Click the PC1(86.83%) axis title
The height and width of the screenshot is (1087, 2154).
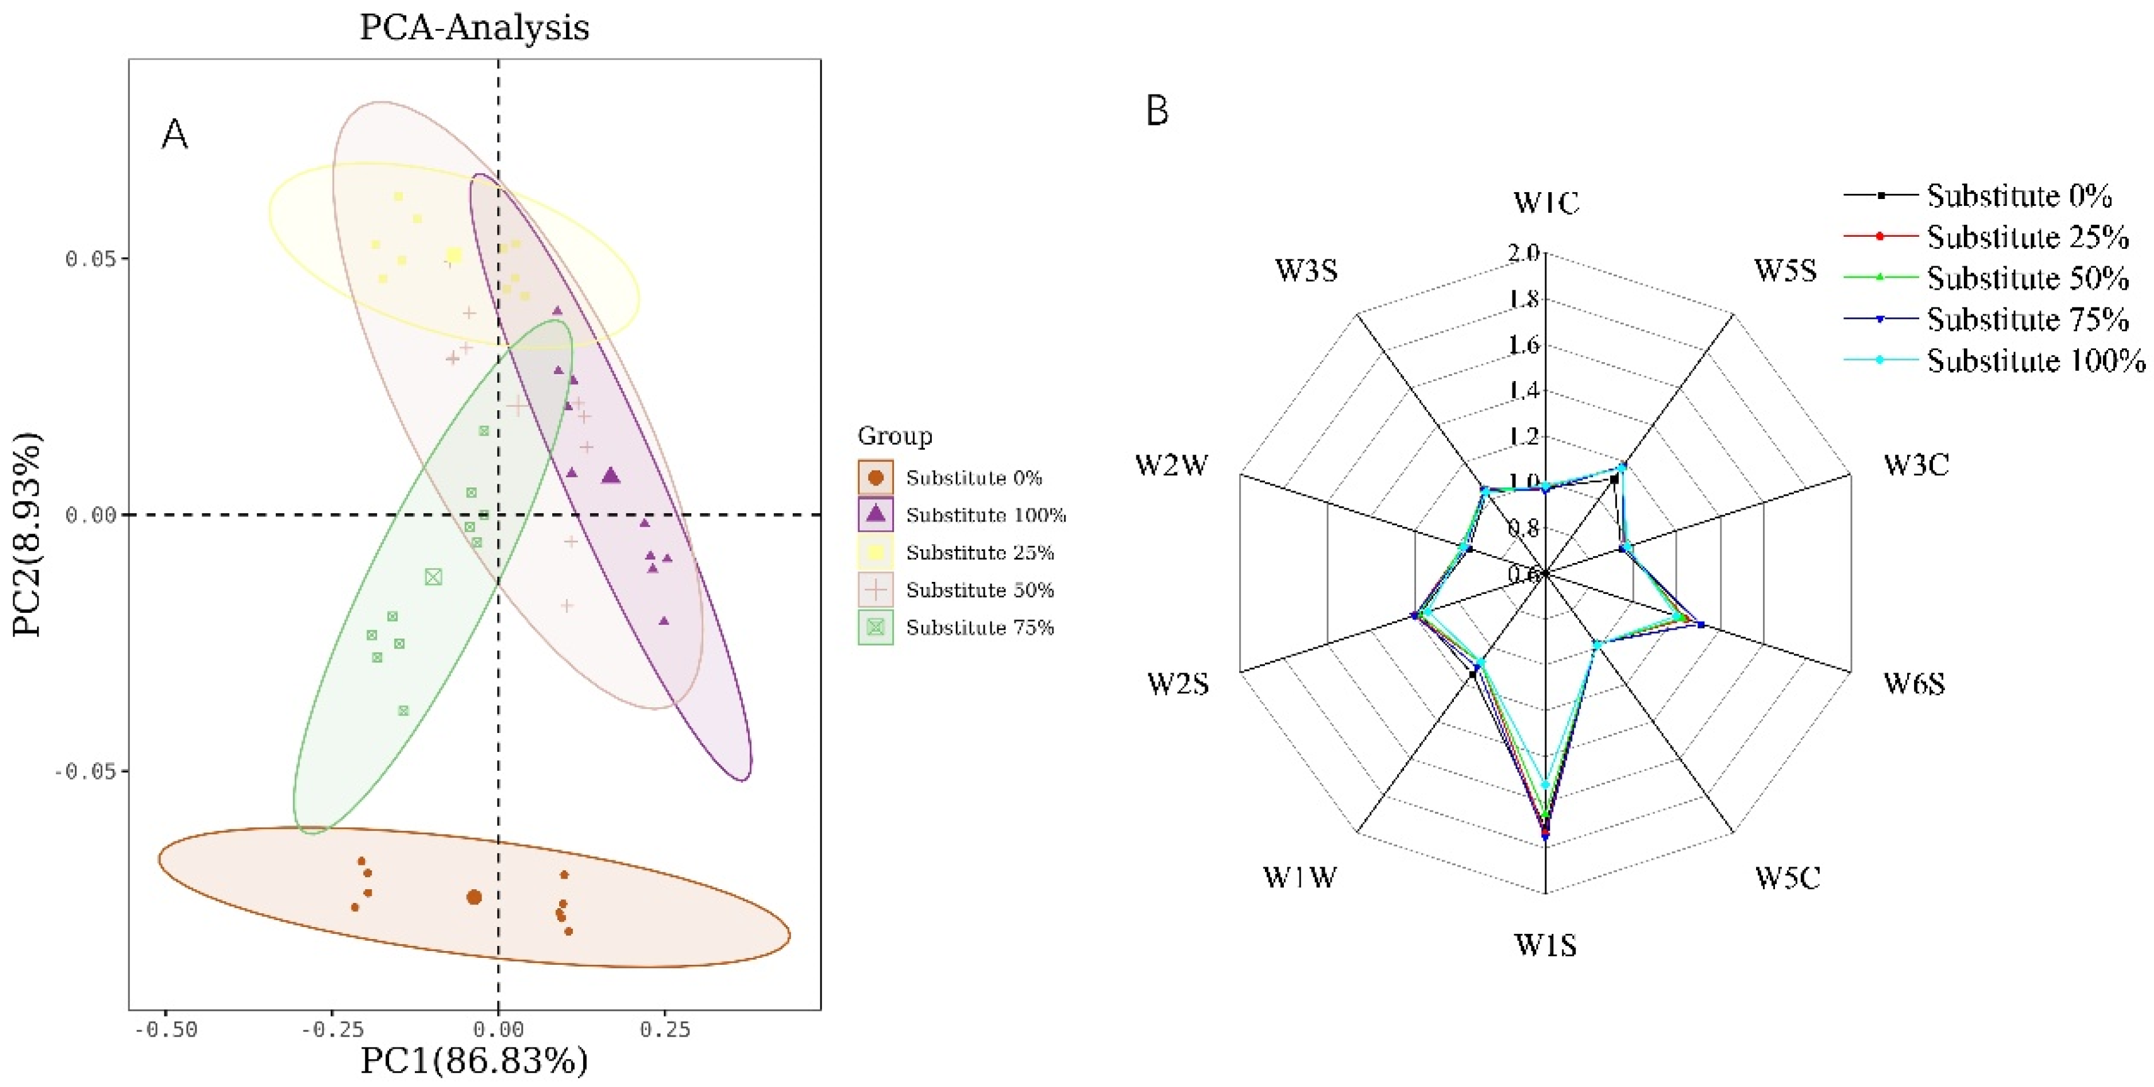pyautogui.click(x=474, y=1061)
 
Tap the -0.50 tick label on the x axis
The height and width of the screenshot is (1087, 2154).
pyautogui.click(x=166, y=1029)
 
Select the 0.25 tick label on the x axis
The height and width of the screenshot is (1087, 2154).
pyautogui.click(x=665, y=1029)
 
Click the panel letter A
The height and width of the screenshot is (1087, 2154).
pyautogui.click(x=175, y=134)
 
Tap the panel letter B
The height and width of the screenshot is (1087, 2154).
pyautogui.click(x=1157, y=110)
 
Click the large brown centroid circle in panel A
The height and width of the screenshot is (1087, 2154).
pyautogui.click(x=474, y=897)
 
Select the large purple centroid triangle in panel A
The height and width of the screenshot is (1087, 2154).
pyautogui.click(x=611, y=475)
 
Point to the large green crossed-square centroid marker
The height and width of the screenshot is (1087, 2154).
pyautogui.click(x=433, y=577)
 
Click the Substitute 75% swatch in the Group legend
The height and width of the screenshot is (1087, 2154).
pyautogui.click(x=875, y=627)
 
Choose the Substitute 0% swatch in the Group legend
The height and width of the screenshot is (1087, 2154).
pyautogui.click(x=875, y=477)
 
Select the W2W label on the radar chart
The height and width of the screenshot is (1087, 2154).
pyautogui.click(x=1172, y=465)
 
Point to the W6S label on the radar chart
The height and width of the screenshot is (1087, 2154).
pyautogui.click(x=1914, y=684)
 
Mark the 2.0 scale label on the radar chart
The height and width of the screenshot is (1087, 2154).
pyautogui.click(x=1524, y=253)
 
